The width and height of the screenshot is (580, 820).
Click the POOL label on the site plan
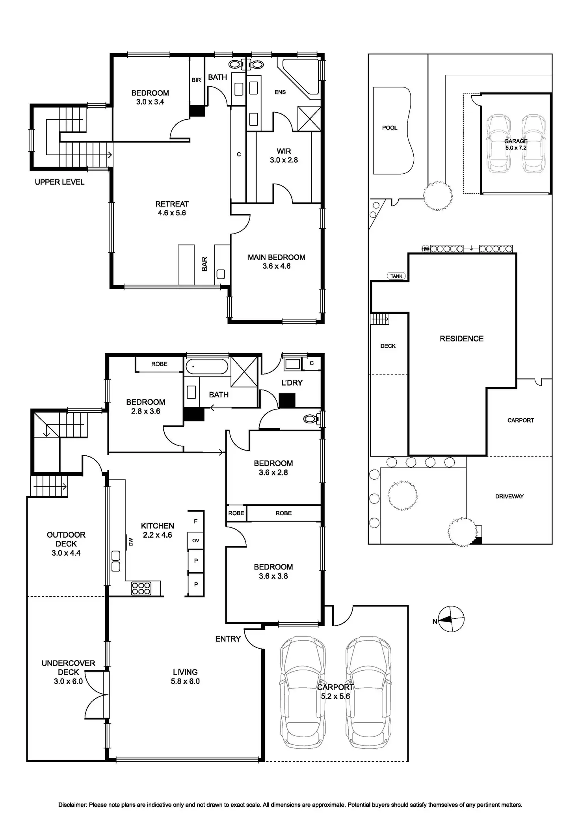point(390,128)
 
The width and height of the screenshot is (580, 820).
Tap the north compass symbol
point(452,619)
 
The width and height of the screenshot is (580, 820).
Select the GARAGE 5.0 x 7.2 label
point(516,144)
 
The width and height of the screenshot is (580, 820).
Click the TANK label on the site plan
point(396,276)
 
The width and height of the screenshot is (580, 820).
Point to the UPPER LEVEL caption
point(59,182)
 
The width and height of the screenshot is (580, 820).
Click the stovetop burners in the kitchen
point(141,588)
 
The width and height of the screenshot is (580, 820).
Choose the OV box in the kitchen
point(196,540)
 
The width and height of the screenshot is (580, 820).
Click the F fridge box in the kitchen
point(196,521)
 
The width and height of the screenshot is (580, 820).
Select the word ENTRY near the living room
point(228,639)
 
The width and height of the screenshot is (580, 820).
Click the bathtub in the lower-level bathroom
point(207,367)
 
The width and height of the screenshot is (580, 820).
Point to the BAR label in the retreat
point(204,264)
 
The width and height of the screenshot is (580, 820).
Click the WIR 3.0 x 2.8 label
point(284,156)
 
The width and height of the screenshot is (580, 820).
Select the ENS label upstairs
point(280,92)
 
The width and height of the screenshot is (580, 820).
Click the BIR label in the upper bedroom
point(196,80)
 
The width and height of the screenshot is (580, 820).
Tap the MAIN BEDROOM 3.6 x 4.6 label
point(277,262)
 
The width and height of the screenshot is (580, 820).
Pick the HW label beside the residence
point(425,249)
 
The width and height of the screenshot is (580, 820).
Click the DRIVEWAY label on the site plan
point(509,496)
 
